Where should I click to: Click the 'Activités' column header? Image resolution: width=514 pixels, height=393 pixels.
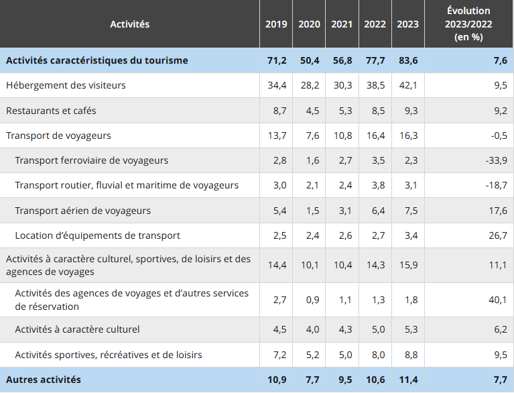pyautogui.click(x=129, y=24)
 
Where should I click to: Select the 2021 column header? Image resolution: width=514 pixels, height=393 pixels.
pyautogui.click(x=342, y=24)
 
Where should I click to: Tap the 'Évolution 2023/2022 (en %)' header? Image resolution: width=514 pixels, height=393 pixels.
pyautogui.click(x=468, y=24)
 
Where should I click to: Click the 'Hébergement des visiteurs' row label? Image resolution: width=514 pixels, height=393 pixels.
pyautogui.click(x=66, y=85)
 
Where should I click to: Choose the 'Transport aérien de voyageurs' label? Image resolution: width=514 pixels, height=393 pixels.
pyautogui.click(x=82, y=211)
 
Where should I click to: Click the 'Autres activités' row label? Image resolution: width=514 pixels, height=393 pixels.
pyautogui.click(x=44, y=380)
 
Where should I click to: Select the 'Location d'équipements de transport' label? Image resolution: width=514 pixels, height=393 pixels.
pyautogui.click(x=97, y=235)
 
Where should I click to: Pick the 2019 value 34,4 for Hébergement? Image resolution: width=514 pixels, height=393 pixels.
pyautogui.click(x=277, y=85)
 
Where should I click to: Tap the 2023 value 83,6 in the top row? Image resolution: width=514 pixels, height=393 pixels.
pyautogui.click(x=407, y=60)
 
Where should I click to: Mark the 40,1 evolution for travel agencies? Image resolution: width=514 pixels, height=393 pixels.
pyautogui.click(x=497, y=300)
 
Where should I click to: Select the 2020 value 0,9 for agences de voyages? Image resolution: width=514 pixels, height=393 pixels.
pyautogui.click(x=312, y=300)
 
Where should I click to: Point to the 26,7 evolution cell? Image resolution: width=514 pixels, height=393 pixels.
pyautogui.click(x=497, y=235)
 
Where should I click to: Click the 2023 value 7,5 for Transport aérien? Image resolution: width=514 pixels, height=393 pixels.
pyautogui.click(x=411, y=211)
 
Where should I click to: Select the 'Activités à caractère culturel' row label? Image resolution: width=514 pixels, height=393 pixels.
pyautogui.click(x=77, y=329)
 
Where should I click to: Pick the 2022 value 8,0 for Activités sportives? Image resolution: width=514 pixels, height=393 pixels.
pyautogui.click(x=377, y=354)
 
